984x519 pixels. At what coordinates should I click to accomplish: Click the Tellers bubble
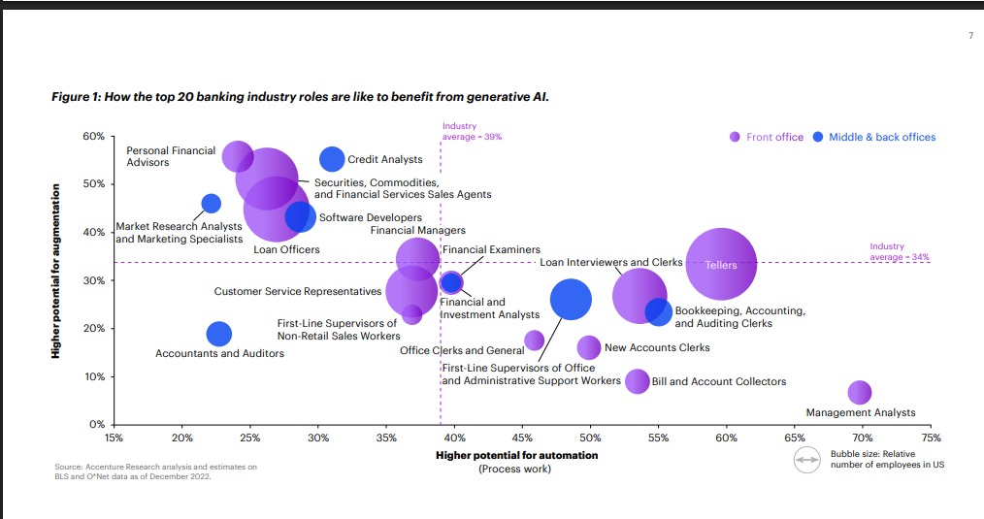(721, 265)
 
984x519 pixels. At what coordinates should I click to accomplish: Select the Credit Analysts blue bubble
(332, 159)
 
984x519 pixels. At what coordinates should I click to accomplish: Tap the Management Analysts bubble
(859, 393)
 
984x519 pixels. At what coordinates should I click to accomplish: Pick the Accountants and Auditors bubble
(220, 334)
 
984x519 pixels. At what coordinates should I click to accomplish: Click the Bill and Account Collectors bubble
(637, 381)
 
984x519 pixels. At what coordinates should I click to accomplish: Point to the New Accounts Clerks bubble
(588, 347)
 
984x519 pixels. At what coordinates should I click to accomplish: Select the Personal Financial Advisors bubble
(238, 155)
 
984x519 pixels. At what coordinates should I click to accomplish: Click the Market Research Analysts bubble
(211, 204)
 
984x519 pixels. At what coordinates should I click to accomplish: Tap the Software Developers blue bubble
(301, 217)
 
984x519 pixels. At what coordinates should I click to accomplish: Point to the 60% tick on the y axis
(94, 136)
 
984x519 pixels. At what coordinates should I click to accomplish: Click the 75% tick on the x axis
(931, 438)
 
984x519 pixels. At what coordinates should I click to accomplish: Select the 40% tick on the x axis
(454, 438)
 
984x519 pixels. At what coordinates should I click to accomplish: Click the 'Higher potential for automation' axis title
(516, 455)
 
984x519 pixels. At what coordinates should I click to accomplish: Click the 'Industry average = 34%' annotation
(900, 252)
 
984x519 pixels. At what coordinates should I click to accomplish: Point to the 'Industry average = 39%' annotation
(472, 132)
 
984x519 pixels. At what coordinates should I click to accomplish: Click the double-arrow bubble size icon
(806, 462)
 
